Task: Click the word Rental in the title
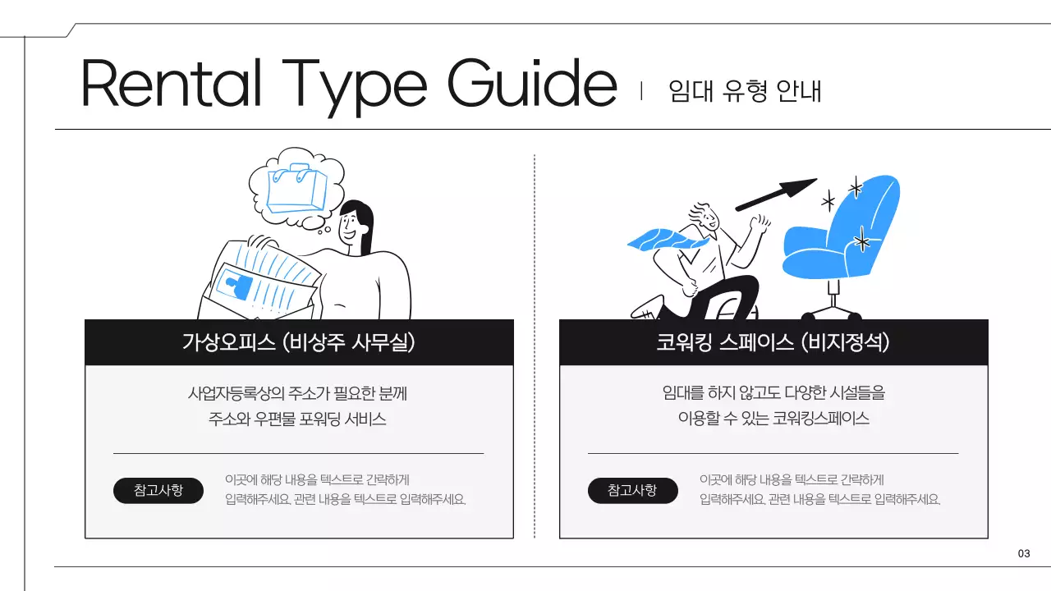(171, 84)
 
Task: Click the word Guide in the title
(531, 84)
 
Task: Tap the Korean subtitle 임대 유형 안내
(745, 90)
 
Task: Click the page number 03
(1023, 554)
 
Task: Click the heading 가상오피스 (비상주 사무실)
(299, 342)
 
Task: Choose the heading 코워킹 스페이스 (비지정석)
(773, 342)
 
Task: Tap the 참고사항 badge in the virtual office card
(158, 491)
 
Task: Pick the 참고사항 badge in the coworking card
(632, 491)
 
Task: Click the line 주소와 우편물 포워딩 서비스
(297, 419)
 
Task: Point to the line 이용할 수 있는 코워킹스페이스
(773, 419)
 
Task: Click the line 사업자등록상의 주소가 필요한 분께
(297, 393)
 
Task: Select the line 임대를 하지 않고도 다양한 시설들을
(773, 393)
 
